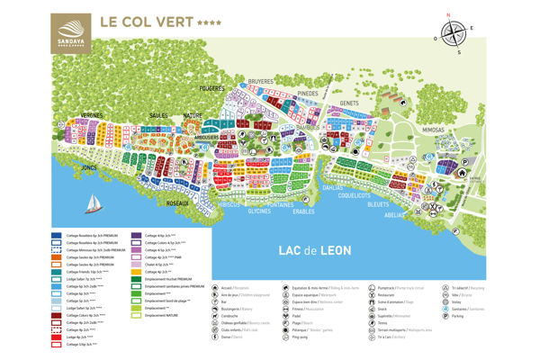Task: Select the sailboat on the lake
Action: click(x=90, y=204)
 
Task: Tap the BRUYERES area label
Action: click(x=261, y=80)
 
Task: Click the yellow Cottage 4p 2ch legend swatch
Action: click(x=138, y=271)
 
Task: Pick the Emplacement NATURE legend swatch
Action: click(x=138, y=315)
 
